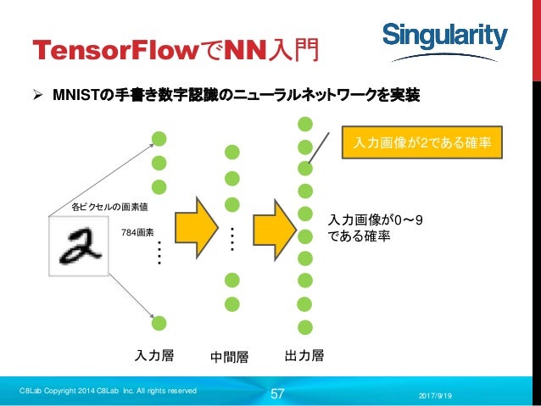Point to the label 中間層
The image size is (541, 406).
pos(229,357)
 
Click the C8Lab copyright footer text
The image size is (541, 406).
pos(109,391)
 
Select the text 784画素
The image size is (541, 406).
pos(137,231)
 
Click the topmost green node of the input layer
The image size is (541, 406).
pos(159,138)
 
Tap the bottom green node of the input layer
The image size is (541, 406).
pos(159,322)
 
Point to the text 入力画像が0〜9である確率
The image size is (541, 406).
pos(376,229)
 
